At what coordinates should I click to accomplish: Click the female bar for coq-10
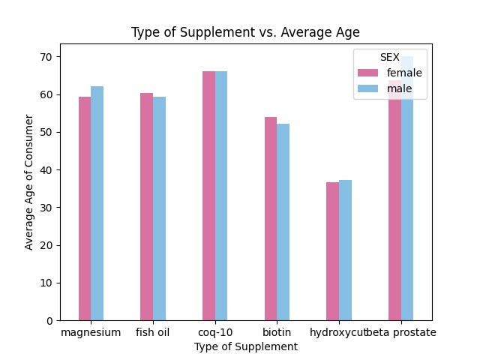click(x=208, y=196)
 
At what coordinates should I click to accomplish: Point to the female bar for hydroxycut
click(x=332, y=251)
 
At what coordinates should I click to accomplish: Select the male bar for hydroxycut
click(x=345, y=250)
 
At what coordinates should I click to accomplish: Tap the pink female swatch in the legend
click(x=368, y=73)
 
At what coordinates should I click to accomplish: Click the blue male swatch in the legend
click(x=368, y=88)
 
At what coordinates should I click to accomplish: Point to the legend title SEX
click(x=390, y=58)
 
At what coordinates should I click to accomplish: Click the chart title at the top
click(x=245, y=32)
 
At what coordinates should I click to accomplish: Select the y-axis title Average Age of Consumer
click(x=29, y=182)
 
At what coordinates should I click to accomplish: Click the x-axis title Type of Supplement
click(x=245, y=346)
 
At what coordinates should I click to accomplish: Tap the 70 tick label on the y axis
click(x=46, y=57)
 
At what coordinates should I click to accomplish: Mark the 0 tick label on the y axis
click(x=49, y=320)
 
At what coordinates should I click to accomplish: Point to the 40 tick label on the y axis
click(x=46, y=169)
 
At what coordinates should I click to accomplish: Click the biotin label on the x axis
click(x=277, y=332)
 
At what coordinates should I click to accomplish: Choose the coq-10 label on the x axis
click(x=214, y=332)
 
